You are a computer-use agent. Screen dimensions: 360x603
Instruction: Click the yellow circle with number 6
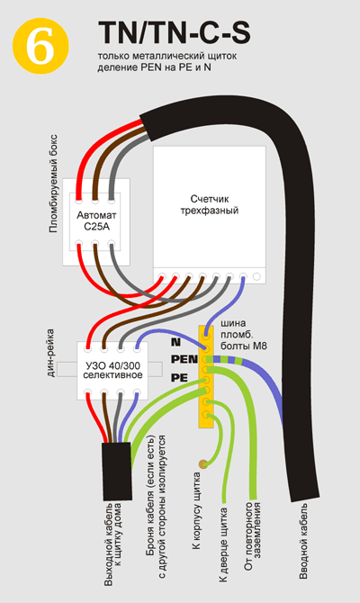(40, 46)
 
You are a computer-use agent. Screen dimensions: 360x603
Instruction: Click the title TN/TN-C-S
(175, 32)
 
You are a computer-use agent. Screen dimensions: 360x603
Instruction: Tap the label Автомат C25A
(96, 220)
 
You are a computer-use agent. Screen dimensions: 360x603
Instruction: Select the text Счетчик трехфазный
(210, 204)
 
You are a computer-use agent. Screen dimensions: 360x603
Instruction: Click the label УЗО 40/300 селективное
(112, 370)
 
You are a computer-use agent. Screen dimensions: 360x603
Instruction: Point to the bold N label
(175, 341)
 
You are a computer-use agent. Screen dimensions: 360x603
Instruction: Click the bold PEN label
(184, 360)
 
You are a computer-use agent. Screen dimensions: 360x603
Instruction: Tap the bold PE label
(179, 378)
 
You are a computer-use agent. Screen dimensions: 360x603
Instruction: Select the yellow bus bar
(206, 376)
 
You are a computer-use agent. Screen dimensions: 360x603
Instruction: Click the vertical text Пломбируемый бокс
(53, 184)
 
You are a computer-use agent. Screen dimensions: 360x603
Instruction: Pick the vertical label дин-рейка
(50, 353)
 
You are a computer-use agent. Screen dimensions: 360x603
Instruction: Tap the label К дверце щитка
(223, 544)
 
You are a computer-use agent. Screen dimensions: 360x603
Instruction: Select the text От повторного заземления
(253, 536)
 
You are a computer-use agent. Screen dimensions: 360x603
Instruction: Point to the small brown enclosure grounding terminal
(202, 464)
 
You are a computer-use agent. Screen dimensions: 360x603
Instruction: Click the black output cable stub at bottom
(117, 472)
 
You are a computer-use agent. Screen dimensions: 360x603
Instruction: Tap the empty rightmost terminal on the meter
(256, 276)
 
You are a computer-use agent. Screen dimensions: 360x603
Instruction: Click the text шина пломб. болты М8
(244, 334)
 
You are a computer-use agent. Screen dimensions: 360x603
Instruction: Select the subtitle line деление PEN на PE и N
(154, 67)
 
